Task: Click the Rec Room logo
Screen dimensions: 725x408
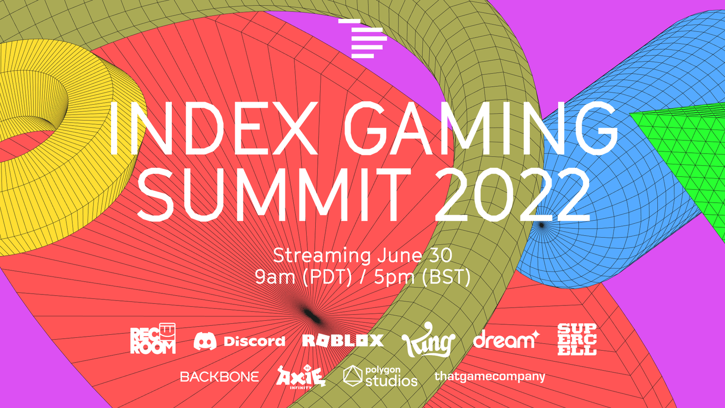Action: tap(153, 338)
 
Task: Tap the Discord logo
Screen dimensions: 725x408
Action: tap(239, 341)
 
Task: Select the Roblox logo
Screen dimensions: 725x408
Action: tap(343, 340)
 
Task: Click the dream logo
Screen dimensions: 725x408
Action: tap(506, 339)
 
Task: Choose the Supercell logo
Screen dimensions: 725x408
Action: tap(577, 340)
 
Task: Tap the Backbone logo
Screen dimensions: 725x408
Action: tap(220, 377)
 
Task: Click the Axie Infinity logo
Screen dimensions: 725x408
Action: tap(300, 377)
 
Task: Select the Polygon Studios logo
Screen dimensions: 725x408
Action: tap(380, 377)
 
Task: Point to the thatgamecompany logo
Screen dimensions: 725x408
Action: tap(489, 377)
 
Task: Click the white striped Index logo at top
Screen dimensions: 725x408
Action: tap(362, 38)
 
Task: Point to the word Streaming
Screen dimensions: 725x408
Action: tap(322, 256)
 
